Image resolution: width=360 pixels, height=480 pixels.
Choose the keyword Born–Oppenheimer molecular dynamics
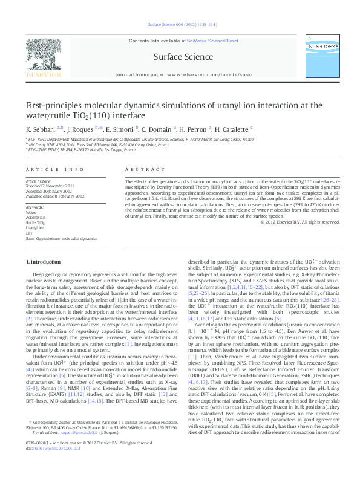tap(61, 239)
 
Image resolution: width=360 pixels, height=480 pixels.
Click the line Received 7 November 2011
tap(51, 186)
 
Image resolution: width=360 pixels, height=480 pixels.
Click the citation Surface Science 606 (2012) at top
tap(179, 24)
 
